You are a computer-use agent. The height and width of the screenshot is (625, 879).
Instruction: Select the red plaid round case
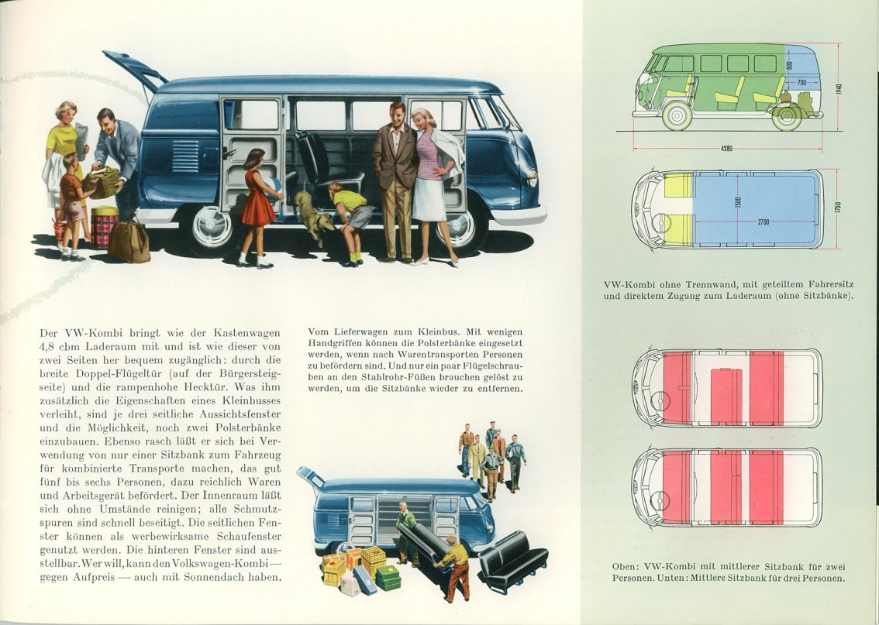click(x=105, y=228)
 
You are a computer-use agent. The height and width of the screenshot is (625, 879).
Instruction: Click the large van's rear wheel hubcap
click(x=212, y=227)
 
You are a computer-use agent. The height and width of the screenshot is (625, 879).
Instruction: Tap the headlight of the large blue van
click(x=532, y=178)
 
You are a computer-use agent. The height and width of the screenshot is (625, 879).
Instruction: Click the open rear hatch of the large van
click(x=135, y=69)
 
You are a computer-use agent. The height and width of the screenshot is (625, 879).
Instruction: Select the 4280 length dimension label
click(x=726, y=149)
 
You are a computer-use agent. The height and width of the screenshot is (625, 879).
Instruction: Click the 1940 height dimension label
click(x=839, y=88)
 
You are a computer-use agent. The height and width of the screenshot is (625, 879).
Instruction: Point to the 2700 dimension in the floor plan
click(x=764, y=221)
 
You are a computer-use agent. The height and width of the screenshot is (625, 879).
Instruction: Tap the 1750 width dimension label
click(x=838, y=207)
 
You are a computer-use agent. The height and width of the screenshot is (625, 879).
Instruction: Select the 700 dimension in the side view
click(x=801, y=83)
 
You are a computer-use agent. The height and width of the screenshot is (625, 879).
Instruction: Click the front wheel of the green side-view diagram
click(x=677, y=116)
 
